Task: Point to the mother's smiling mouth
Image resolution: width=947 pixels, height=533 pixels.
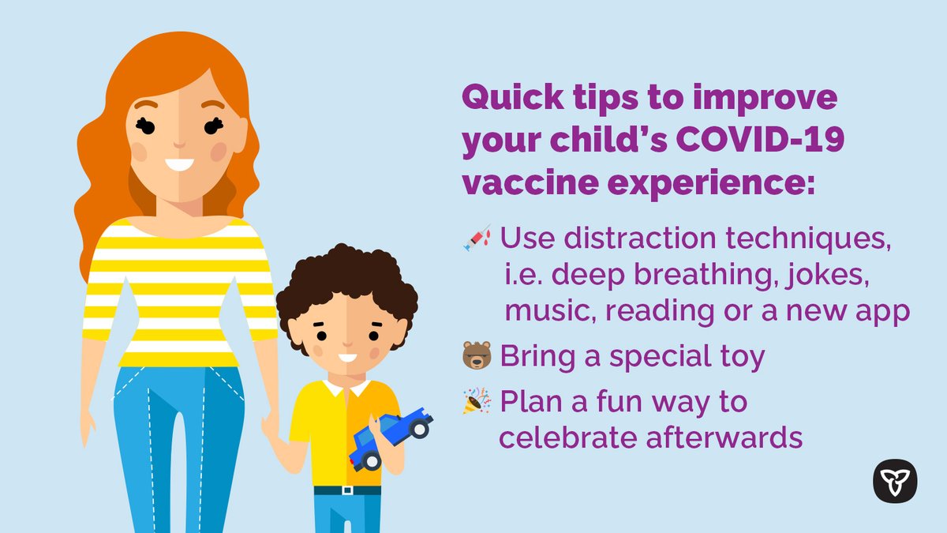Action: tap(180, 165)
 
